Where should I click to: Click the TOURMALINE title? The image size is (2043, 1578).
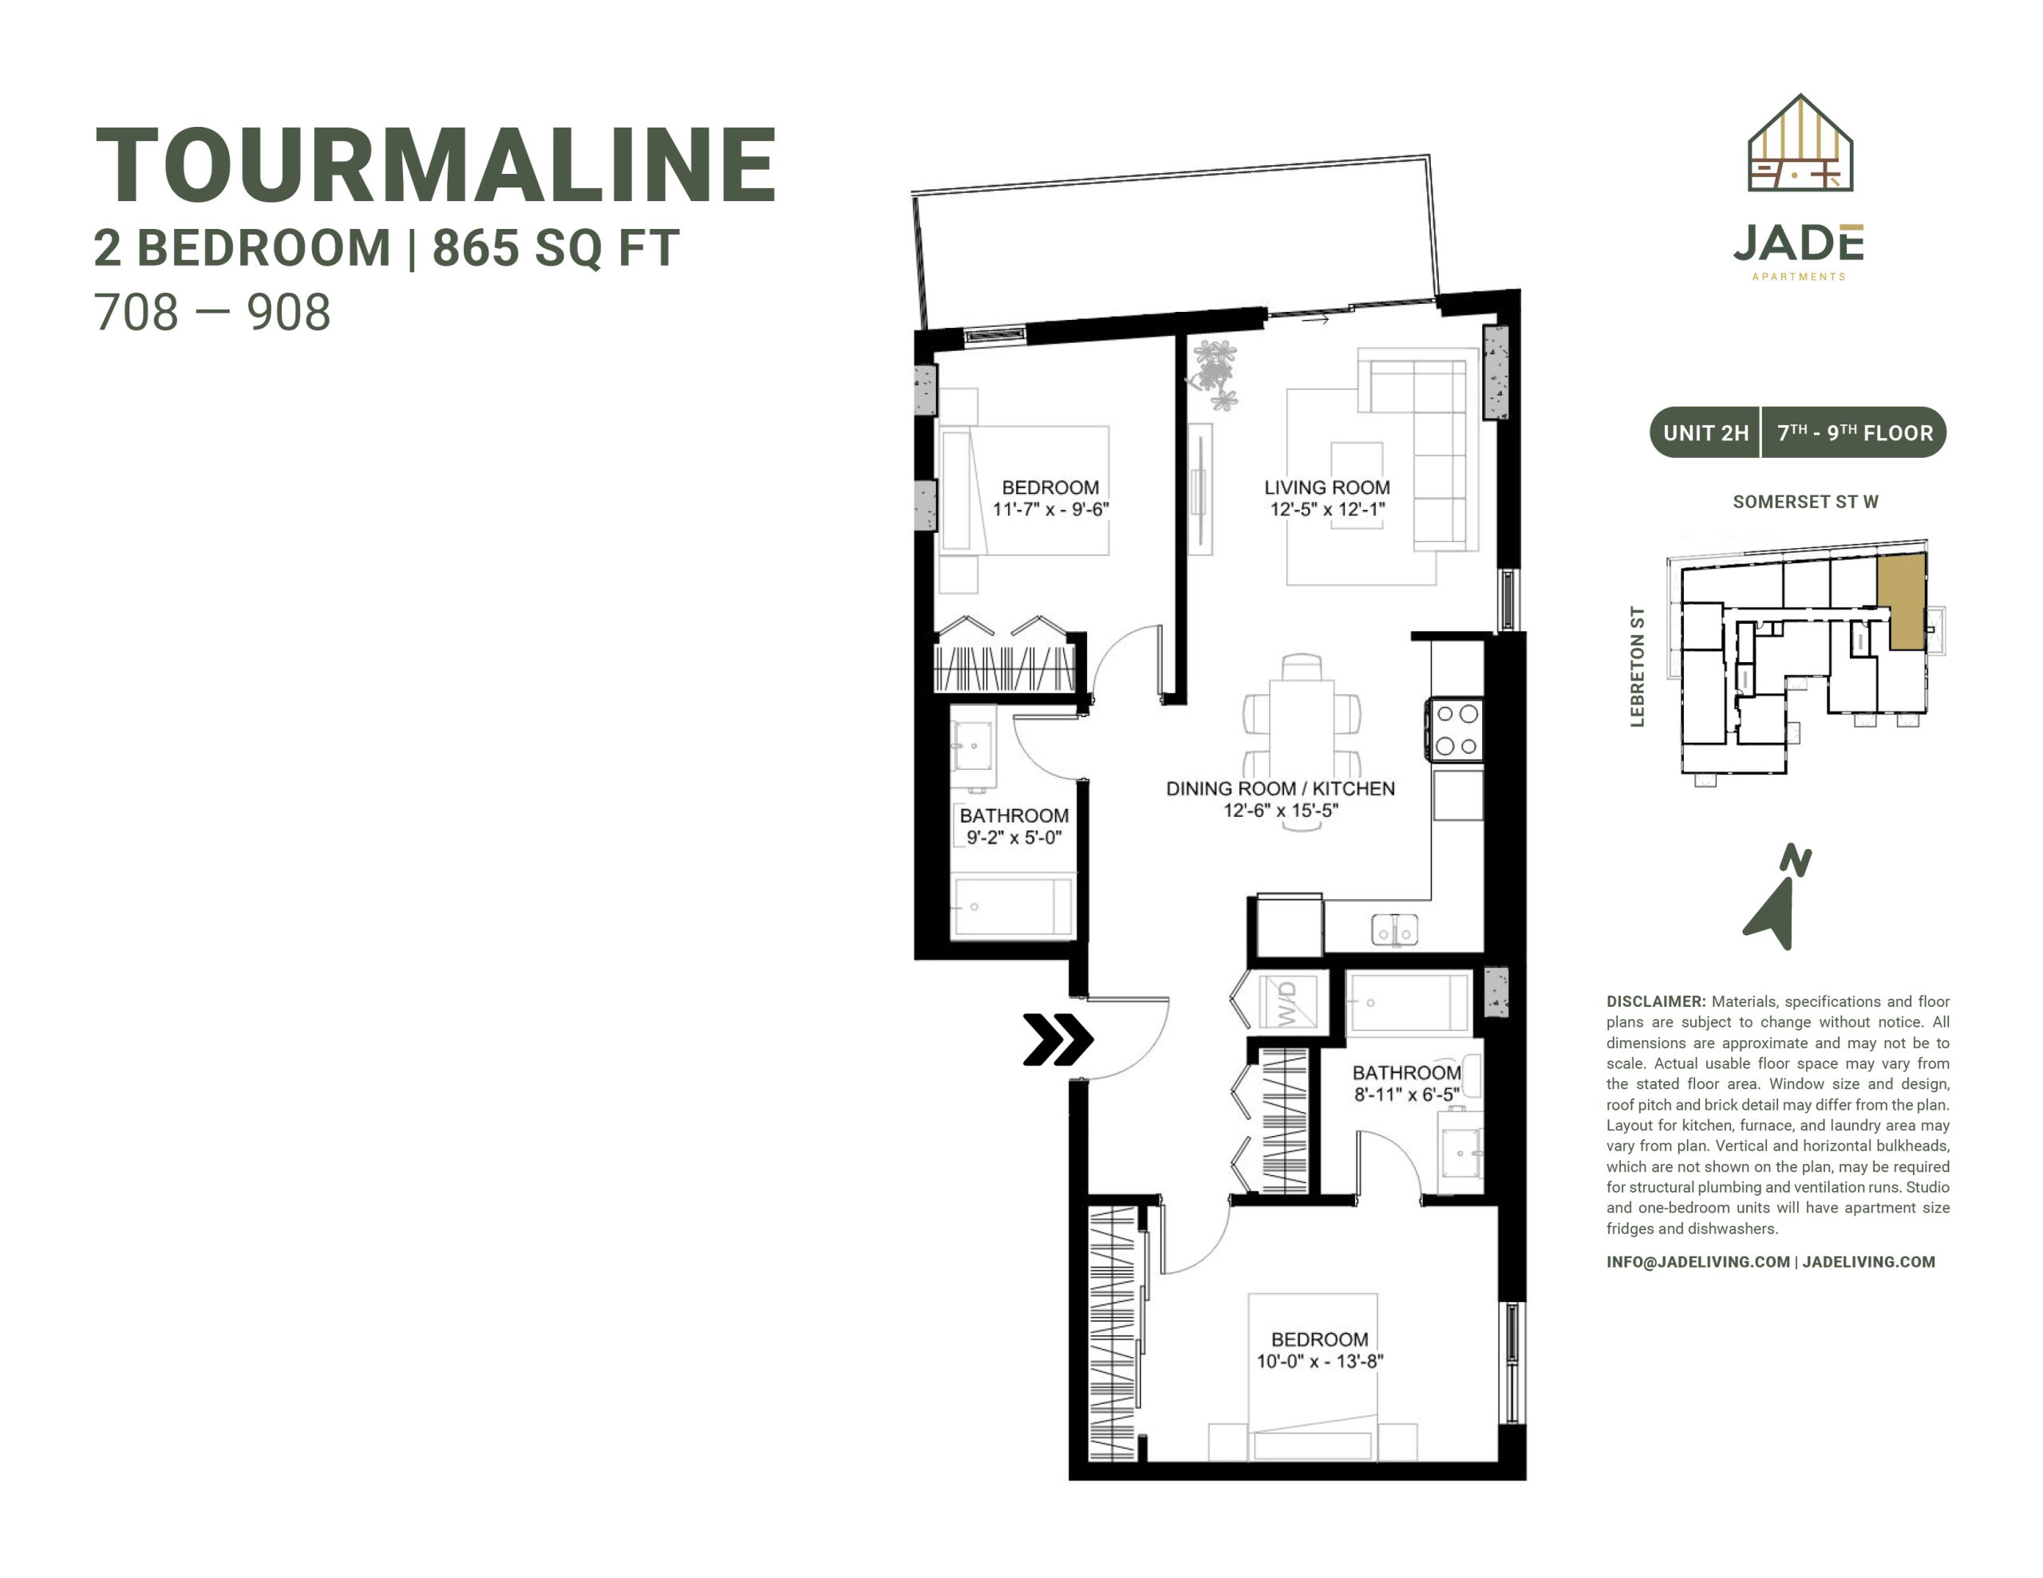point(436,166)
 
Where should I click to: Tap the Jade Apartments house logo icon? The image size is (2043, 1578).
point(1800,143)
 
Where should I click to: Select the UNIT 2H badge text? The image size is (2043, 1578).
point(1705,433)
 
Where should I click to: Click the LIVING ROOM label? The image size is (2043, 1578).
point(1326,487)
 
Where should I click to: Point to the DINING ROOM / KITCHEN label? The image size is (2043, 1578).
point(1280,788)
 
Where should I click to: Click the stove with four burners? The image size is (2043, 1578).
point(1456,730)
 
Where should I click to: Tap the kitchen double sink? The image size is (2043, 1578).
point(1394,929)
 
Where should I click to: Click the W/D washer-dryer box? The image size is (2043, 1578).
point(1288,1002)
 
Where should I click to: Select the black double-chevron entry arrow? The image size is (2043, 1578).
point(1058,1040)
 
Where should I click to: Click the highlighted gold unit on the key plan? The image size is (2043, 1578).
point(1903,601)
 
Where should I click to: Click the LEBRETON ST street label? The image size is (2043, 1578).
point(1637,666)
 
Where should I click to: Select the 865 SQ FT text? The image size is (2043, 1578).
point(555,249)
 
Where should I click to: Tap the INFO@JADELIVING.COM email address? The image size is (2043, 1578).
point(1697,1262)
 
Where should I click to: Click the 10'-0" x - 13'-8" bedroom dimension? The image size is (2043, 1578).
point(1319,1361)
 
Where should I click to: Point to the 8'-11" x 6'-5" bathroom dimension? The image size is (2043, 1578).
point(1406,1095)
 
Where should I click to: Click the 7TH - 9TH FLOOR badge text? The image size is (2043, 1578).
point(1855,433)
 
